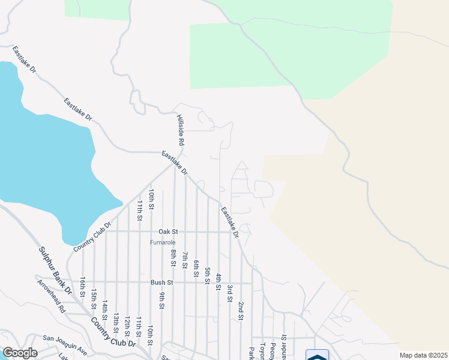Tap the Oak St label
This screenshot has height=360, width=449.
click(x=168, y=231)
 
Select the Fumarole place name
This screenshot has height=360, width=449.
click(x=163, y=242)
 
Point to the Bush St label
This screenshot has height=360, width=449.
click(x=161, y=282)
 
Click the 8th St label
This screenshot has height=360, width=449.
click(x=173, y=259)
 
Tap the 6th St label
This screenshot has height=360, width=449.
click(x=196, y=268)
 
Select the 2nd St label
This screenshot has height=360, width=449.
click(x=241, y=310)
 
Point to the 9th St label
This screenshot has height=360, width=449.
click(x=162, y=301)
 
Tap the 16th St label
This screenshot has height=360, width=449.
click(x=83, y=285)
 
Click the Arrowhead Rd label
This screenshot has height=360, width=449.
click(x=51, y=296)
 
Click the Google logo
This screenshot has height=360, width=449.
click(x=20, y=353)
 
